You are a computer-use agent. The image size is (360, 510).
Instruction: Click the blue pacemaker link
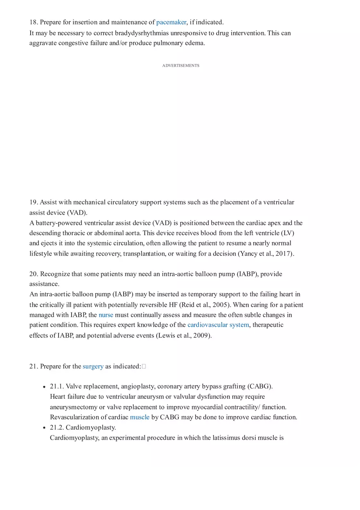coord(171,22)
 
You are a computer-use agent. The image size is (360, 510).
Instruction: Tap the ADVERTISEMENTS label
coord(180,65)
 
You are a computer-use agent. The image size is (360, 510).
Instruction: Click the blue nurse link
coord(106,315)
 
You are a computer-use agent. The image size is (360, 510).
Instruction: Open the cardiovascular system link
coord(218,325)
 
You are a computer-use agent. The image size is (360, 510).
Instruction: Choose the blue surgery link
coord(93,366)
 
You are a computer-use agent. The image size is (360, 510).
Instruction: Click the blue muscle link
coord(139,417)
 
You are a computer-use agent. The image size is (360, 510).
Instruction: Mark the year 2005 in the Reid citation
coord(221,305)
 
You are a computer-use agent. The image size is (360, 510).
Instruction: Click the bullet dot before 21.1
coord(44,387)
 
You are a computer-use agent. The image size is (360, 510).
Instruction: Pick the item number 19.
coord(33,202)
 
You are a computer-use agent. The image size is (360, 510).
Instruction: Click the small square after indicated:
coord(144,366)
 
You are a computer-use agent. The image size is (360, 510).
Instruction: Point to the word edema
coord(195,43)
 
